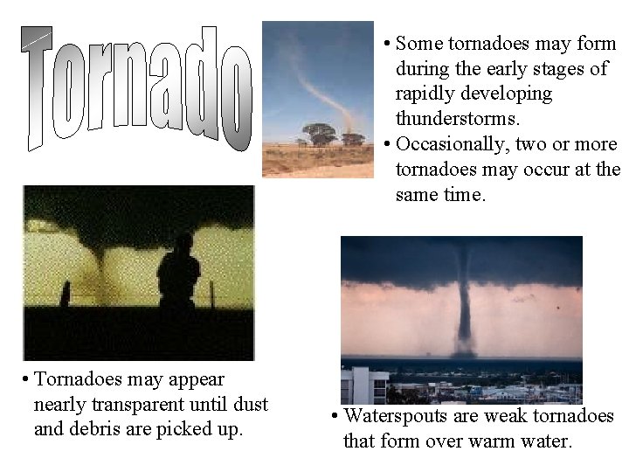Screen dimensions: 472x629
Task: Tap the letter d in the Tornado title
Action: coord(199,83)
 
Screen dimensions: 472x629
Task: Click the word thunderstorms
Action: coord(451,117)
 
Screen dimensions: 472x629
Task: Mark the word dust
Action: coord(249,405)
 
